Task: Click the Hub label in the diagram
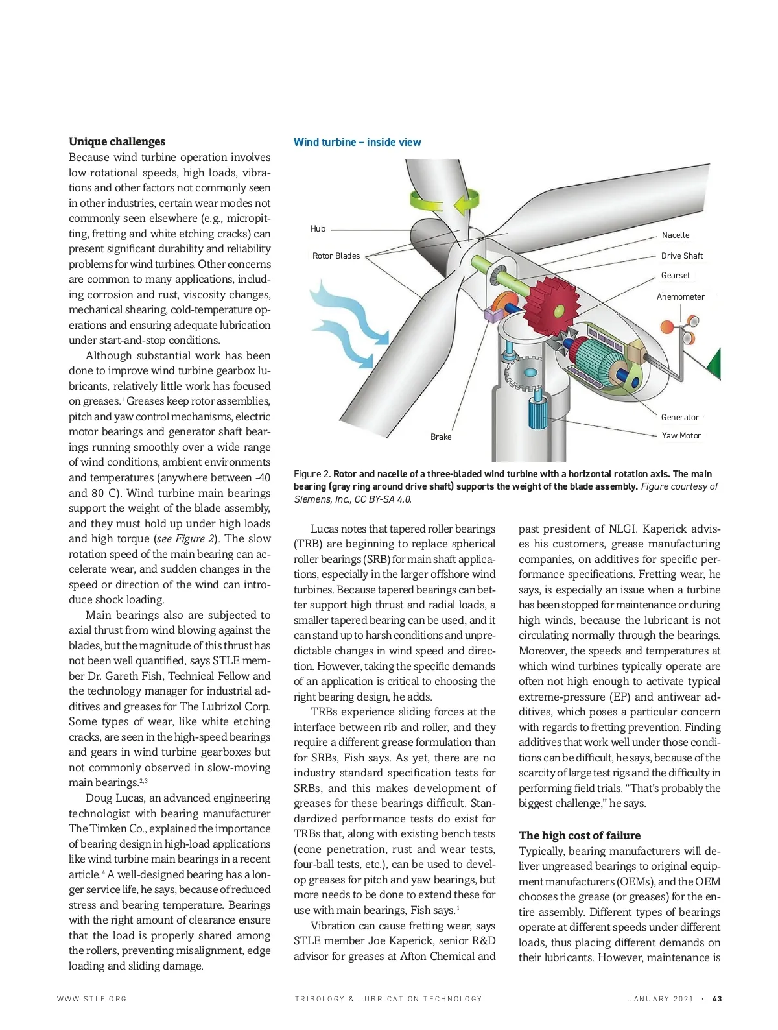[318, 228]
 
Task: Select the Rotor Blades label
[336, 256]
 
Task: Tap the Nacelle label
[675, 235]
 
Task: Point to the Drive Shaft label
[681, 256]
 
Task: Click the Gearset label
[675, 275]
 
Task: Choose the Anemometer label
[680, 296]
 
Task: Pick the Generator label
[679, 417]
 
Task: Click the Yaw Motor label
[681, 435]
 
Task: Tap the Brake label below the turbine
[441, 437]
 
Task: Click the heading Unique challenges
[117, 141]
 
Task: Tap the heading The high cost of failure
[579, 835]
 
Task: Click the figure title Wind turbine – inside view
[357, 142]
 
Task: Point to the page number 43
[717, 999]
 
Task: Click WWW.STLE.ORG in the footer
[92, 999]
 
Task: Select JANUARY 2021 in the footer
[660, 999]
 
